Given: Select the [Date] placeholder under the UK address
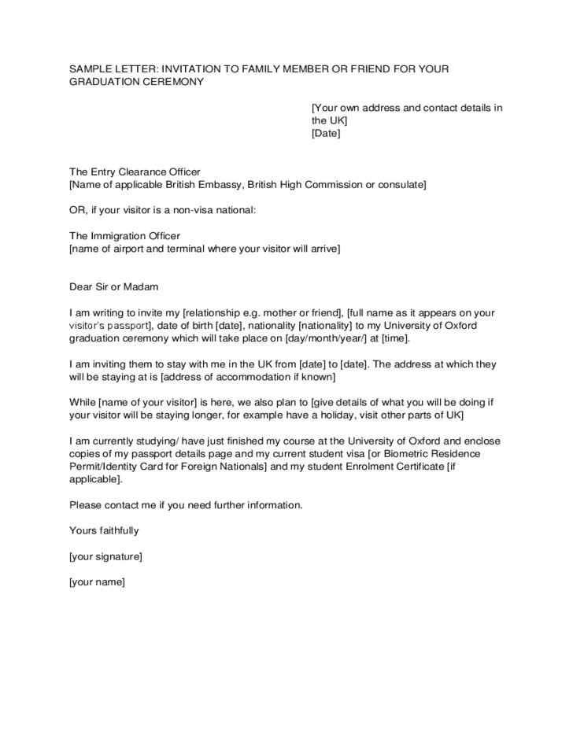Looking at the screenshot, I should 326,133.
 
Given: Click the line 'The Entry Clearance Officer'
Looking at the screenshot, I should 135,172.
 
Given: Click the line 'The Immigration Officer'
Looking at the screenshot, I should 124,235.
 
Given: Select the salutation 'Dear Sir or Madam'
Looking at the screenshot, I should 114,287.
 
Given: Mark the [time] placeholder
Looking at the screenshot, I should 394,338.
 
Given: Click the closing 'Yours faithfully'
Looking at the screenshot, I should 104,530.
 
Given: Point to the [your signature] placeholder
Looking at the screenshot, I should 105,556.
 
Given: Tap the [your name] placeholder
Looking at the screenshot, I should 97,582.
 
